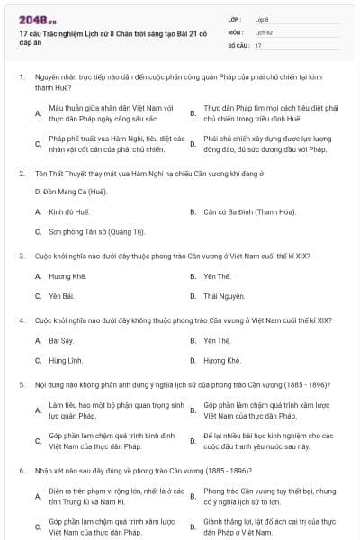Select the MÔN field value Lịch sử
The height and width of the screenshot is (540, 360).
coord(262,31)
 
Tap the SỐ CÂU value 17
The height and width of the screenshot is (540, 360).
coord(258,44)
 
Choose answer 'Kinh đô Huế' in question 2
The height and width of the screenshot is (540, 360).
coord(69,211)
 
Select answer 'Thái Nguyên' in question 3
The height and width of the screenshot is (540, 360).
coord(223,295)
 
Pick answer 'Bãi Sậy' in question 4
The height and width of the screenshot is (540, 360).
coord(60,340)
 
